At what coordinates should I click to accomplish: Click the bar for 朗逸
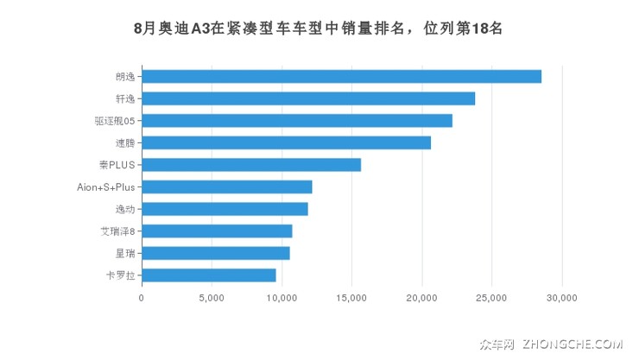341,76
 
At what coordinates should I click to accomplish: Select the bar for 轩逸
308,98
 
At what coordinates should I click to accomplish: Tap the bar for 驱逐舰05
297,121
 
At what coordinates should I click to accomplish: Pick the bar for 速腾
286,142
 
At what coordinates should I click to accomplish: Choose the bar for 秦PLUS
251,165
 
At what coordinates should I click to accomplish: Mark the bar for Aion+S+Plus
226,186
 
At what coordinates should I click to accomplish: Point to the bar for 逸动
225,209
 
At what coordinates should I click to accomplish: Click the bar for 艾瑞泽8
217,231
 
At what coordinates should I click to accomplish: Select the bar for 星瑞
216,253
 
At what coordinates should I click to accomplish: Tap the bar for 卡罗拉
209,275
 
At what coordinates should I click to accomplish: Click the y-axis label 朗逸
125,76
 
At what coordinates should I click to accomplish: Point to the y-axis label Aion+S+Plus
106,186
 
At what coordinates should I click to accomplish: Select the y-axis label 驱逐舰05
115,121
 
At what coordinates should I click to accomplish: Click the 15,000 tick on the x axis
351,298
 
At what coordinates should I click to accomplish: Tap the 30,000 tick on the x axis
562,298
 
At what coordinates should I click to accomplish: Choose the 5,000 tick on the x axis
212,298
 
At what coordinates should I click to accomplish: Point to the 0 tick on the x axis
142,298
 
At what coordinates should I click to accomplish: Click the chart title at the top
319,28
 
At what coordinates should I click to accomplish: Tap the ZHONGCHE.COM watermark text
572,344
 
